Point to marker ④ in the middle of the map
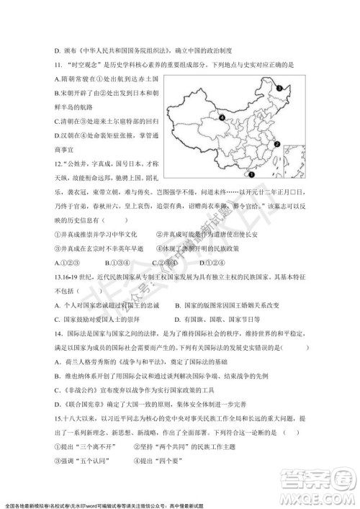[x=222, y=117]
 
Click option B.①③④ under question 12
[x=120, y=261]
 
